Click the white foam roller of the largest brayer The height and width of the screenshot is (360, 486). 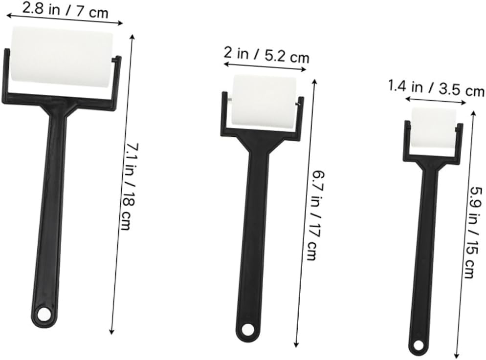coord(62,56)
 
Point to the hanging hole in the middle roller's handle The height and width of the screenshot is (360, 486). coord(247,330)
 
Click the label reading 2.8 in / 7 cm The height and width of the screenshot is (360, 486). coord(66,11)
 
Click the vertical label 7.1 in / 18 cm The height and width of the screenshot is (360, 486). coord(130,186)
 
